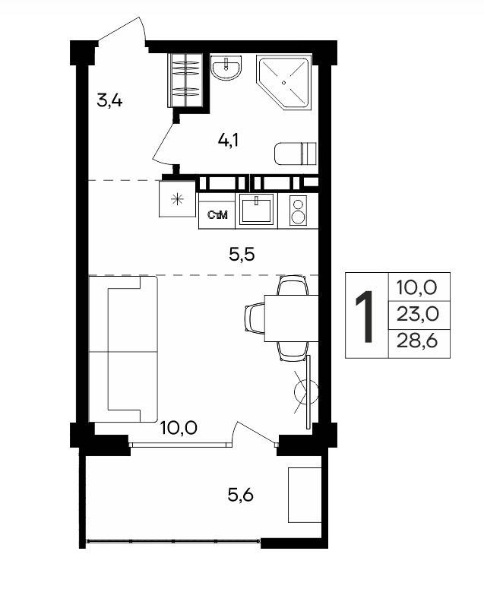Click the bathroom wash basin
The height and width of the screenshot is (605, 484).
[x=226, y=68]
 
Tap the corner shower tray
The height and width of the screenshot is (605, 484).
[x=284, y=82]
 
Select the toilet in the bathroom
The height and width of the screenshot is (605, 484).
[x=296, y=154]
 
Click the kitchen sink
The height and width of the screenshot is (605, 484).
[x=257, y=209]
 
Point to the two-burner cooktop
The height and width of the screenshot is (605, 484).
[x=298, y=211]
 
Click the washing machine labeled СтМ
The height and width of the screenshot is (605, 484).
[x=217, y=214]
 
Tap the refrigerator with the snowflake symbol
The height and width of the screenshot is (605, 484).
[x=177, y=198]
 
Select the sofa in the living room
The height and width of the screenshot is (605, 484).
[x=123, y=349]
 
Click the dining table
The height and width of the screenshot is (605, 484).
[x=291, y=318]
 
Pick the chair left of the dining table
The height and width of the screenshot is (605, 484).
[x=255, y=318]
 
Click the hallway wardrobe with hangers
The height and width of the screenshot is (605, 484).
[x=185, y=80]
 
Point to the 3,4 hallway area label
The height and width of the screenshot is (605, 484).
[x=109, y=101]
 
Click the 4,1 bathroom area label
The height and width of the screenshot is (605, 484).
[x=228, y=140]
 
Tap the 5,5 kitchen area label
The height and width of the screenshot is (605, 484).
[x=242, y=255]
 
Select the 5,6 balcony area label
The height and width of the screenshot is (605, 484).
[x=241, y=494]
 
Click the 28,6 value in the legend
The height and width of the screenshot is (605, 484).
[x=417, y=341]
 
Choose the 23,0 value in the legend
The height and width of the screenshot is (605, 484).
[x=418, y=315]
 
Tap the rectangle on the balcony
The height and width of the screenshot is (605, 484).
[x=305, y=495]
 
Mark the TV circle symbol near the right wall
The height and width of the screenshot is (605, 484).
[x=306, y=391]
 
